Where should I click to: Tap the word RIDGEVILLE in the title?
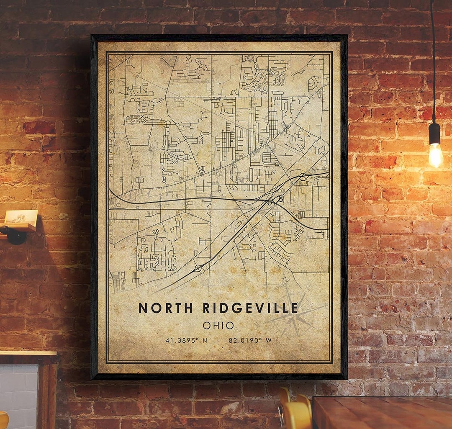coord(250,308)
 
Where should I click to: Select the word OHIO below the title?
coord(218,325)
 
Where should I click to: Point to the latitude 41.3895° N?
coord(186,340)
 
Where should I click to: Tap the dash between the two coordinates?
coord(218,340)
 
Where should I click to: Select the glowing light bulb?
coord(436,155)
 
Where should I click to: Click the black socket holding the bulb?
coord(434,133)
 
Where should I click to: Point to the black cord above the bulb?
coord(433,63)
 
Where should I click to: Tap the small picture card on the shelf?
coord(21,217)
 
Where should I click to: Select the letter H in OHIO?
coord(215,325)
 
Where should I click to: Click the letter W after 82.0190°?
coord(268,340)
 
